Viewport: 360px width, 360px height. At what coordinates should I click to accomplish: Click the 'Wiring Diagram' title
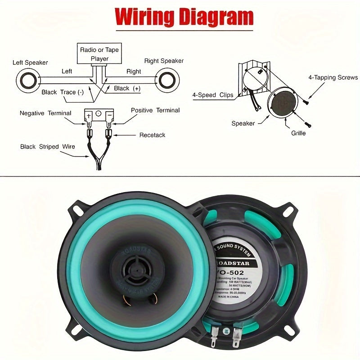(184, 17)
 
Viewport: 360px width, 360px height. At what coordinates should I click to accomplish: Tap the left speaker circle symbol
(28, 81)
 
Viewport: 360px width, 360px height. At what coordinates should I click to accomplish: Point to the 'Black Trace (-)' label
(63, 92)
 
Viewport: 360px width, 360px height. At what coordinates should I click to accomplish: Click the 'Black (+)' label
(127, 89)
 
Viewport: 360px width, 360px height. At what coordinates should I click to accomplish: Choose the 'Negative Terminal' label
(45, 113)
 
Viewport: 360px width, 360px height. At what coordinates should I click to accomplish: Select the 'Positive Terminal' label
(155, 110)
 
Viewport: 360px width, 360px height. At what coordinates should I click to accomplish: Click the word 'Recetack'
(152, 135)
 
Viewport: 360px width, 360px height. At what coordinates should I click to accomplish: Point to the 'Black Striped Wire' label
(47, 147)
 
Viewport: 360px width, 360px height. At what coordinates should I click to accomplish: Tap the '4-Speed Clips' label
(213, 95)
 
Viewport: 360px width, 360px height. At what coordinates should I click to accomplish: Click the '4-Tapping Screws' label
(333, 77)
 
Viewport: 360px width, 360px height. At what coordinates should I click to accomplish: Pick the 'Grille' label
(298, 133)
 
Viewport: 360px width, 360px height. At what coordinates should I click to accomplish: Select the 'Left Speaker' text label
(30, 63)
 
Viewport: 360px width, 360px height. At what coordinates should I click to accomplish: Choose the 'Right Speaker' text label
(164, 61)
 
